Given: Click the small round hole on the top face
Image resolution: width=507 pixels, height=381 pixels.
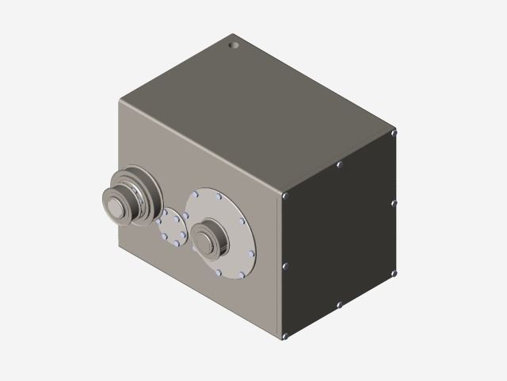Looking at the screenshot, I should pyautogui.click(x=234, y=45).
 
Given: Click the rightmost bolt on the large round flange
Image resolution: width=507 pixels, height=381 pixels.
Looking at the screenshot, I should pyautogui.click(x=252, y=254).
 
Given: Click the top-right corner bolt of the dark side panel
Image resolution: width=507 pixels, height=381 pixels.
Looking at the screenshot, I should pyautogui.click(x=394, y=133).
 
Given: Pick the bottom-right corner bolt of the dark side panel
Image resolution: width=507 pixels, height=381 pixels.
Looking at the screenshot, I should pyautogui.click(x=394, y=273).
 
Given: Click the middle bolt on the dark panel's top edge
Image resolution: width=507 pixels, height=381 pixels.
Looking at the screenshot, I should pyautogui.click(x=339, y=165).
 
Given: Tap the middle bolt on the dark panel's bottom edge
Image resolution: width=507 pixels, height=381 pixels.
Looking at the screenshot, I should pyautogui.click(x=339, y=304).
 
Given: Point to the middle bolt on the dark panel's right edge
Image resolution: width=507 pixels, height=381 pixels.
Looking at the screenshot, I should pyautogui.click(x=394, y=203).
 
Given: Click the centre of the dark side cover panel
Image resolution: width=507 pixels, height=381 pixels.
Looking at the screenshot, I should pyautogui.click(x=339, y=234).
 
